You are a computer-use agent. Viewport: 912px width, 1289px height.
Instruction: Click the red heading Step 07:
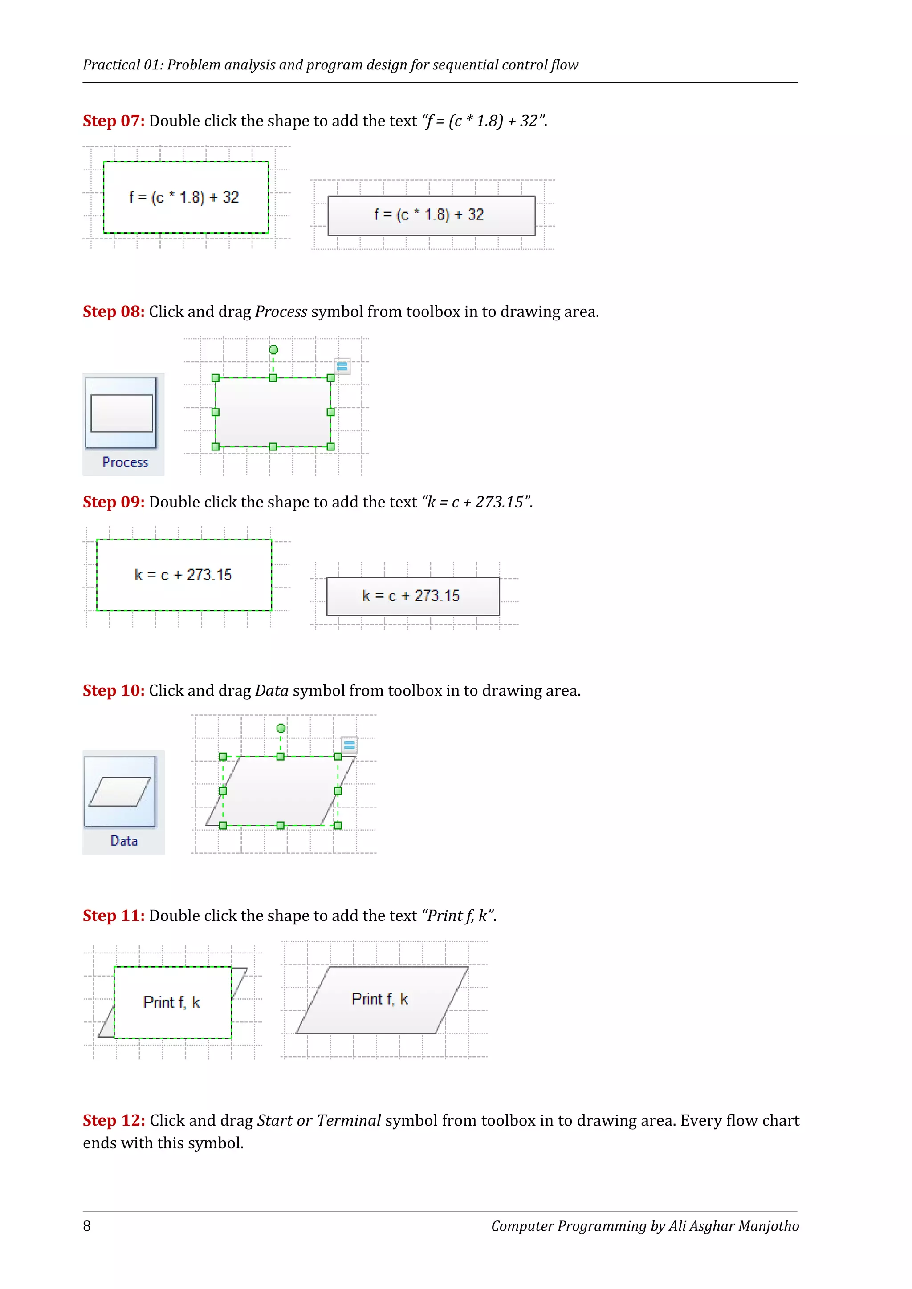[x=114, y=121]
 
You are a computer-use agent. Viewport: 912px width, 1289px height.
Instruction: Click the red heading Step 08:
[x=114, y=312]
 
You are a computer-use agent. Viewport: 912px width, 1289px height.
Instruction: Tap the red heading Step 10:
[x=114, y=690]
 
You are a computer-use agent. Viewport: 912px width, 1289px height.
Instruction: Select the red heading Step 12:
[x=114, y=1120]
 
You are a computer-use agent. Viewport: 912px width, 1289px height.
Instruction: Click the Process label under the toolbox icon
[x=125, y=462]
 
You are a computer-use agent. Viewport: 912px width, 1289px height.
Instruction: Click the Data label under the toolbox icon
[x=124, y=841]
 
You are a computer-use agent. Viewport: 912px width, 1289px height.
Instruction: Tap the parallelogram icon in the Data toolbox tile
[x=120, y=791]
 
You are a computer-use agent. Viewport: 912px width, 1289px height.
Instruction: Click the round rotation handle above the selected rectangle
[x=273, y=350]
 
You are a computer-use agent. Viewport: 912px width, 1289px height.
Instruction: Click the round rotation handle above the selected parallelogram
[x=281, y=728]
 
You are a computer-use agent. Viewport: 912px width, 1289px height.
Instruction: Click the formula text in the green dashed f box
[x=183, y=198]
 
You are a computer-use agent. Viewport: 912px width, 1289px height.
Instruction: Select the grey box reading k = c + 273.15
[x=412, y=596]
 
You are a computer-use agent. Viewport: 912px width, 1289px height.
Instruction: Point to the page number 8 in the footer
[x=87, y=1226]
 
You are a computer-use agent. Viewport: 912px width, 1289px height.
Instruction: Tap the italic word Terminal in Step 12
[x=349, y=1120]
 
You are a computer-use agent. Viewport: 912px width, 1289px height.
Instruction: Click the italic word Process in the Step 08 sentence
[x=281, y=312]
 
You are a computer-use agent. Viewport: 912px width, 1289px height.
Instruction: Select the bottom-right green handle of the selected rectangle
[x=331, y=446]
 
